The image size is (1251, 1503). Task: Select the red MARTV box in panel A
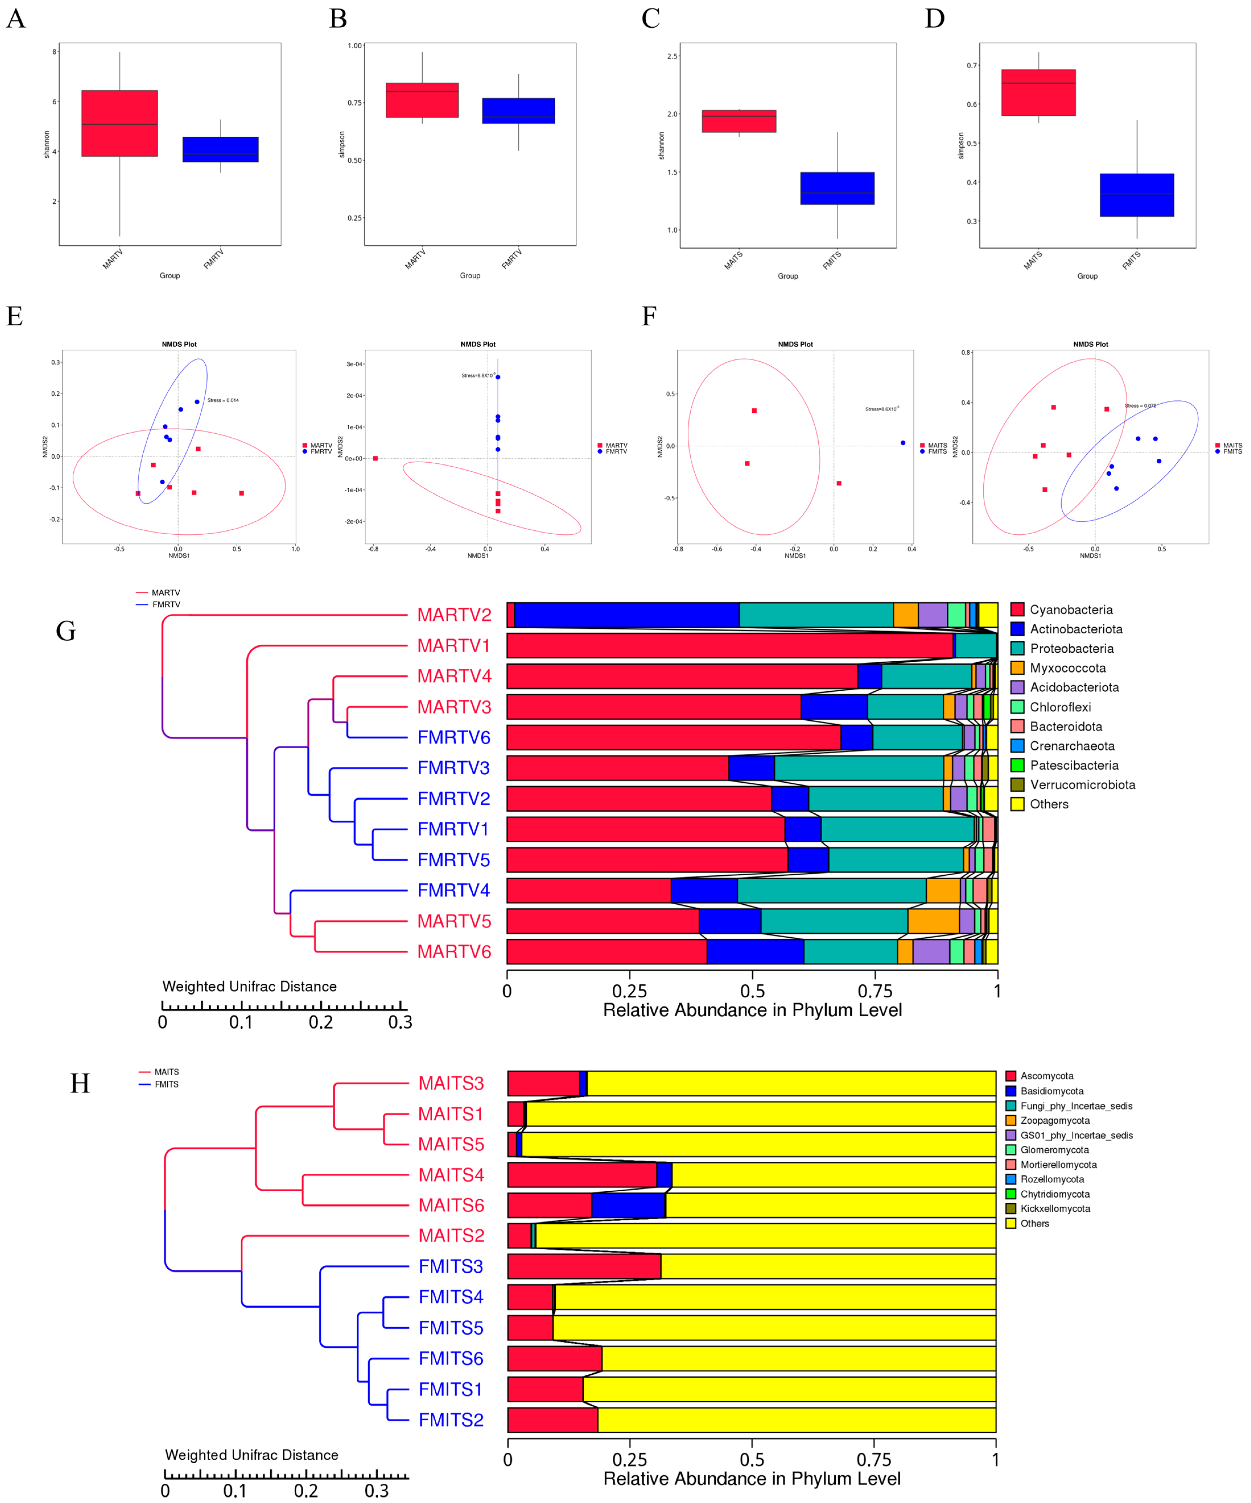119,123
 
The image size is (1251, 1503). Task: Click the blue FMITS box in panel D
1136,195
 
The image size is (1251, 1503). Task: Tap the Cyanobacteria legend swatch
1017,610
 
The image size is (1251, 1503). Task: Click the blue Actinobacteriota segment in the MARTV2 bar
626,615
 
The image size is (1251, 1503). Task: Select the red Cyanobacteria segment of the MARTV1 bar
730,646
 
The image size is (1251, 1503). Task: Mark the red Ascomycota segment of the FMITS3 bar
584,1266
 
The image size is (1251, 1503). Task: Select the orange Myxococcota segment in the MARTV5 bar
933,921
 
